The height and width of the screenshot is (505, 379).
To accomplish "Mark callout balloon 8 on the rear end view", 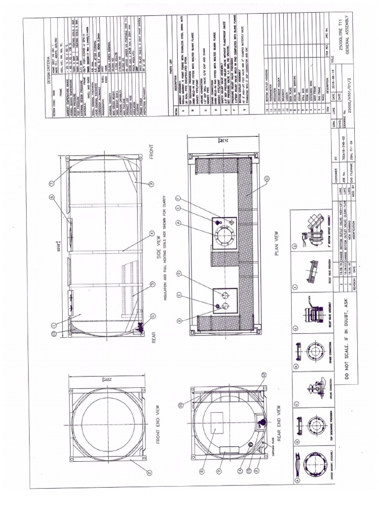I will click(x=202, y=471).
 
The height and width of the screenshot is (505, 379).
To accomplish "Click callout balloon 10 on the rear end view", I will click(x=181, y=404).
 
